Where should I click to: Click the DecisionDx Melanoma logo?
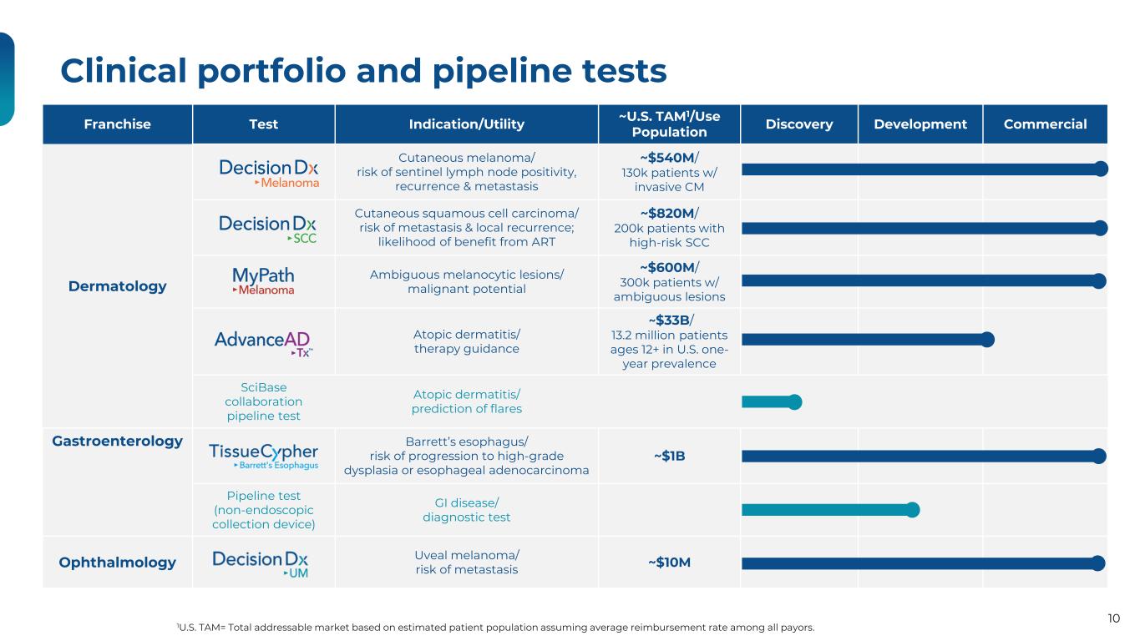pos(268,173)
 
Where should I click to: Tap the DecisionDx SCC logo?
pos(268,228)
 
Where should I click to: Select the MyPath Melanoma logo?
pos(263,280)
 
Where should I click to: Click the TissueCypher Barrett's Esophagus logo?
pos(263,456)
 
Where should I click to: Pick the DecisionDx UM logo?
pos(261,563)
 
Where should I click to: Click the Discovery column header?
pos(798,124)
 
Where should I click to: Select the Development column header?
pos(920,124)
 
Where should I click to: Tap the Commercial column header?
pos(1045,124)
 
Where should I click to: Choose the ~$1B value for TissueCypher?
pos(668,456)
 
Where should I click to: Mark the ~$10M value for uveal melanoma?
pos(668,563)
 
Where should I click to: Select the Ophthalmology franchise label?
pos(118,563)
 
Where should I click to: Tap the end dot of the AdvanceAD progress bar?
pos(987,339)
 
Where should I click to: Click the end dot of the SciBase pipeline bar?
pos(794,401)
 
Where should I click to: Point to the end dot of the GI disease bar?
pos(913,509)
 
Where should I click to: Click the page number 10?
pos(1113,618)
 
